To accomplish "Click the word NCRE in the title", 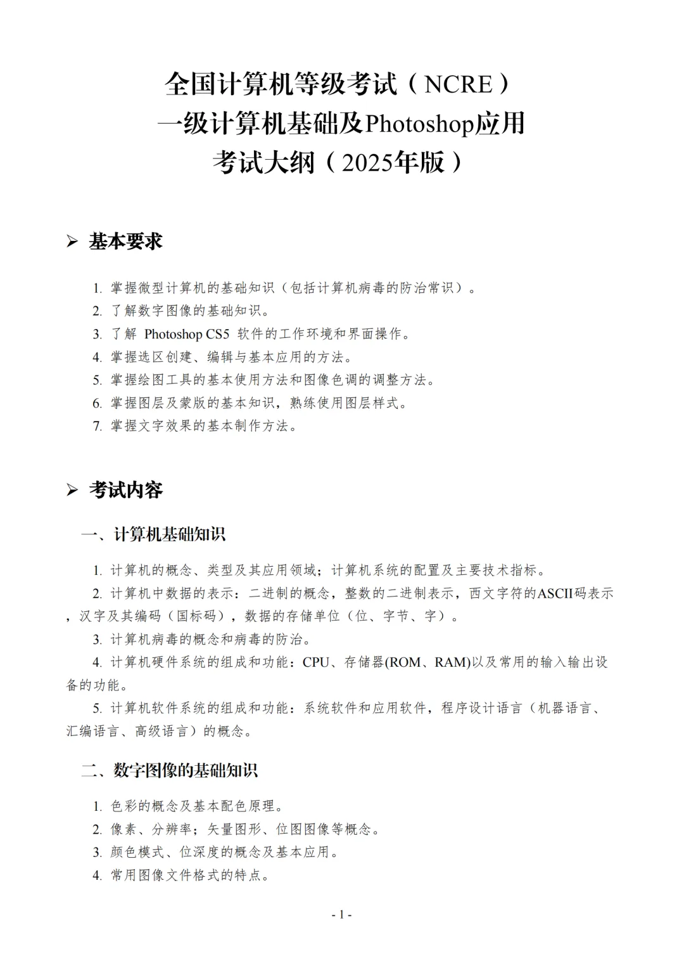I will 458,84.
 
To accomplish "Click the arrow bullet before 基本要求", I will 72,242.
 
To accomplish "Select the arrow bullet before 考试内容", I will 72,490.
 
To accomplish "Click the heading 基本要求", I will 125,242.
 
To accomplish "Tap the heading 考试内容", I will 125,490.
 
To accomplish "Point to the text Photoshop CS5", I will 187,334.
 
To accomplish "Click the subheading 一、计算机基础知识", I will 153,534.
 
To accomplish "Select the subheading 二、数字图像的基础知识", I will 169,771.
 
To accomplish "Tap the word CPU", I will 315,662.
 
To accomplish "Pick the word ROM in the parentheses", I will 406,662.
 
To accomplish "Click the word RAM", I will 451,662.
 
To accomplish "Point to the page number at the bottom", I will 342,914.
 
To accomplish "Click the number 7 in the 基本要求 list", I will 97,426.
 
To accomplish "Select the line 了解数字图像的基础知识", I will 190,311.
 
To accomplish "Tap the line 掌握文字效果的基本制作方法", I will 204,426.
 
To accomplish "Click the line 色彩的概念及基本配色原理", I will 196,806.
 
